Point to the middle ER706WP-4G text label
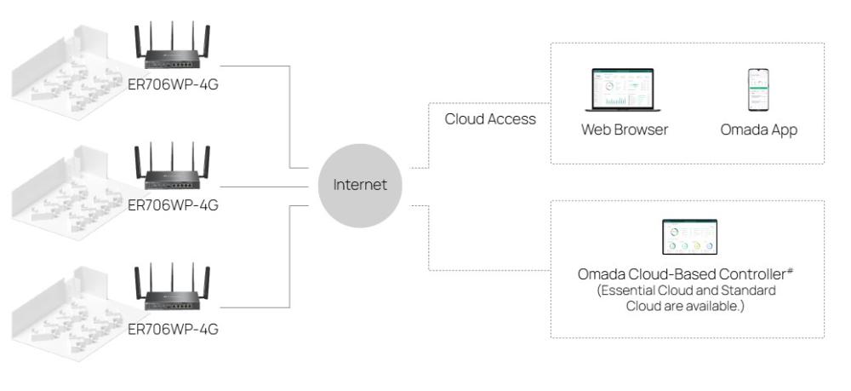coord(174,204)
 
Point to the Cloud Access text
coord(490,119)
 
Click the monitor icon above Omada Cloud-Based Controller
coord(689,238)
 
